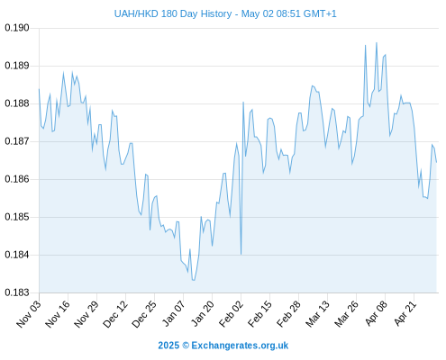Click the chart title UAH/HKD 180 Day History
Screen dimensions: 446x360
pos(173,13)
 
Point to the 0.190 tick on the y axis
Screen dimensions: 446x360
pos(17,28)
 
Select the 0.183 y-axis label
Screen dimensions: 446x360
pos(17,292)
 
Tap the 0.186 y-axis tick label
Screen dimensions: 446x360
pos(17,179)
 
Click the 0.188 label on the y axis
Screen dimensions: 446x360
pos(17,103)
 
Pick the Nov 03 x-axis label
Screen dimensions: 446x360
pos(28,314)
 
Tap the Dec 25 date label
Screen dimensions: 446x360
pos(144,314)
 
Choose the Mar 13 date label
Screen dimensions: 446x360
pos(317,314)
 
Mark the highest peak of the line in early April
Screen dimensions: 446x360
pos(377,42)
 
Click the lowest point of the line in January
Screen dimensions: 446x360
pos(194,280)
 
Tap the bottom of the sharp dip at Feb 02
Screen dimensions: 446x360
pos(241,255)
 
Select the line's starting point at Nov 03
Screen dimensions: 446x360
pos(39,89)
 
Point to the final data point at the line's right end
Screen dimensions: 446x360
pos(436,162)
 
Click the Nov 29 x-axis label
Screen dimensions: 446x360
pos(86,314)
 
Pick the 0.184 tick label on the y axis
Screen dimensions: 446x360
pos(17,255)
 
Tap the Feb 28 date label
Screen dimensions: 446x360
pos(288,314)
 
